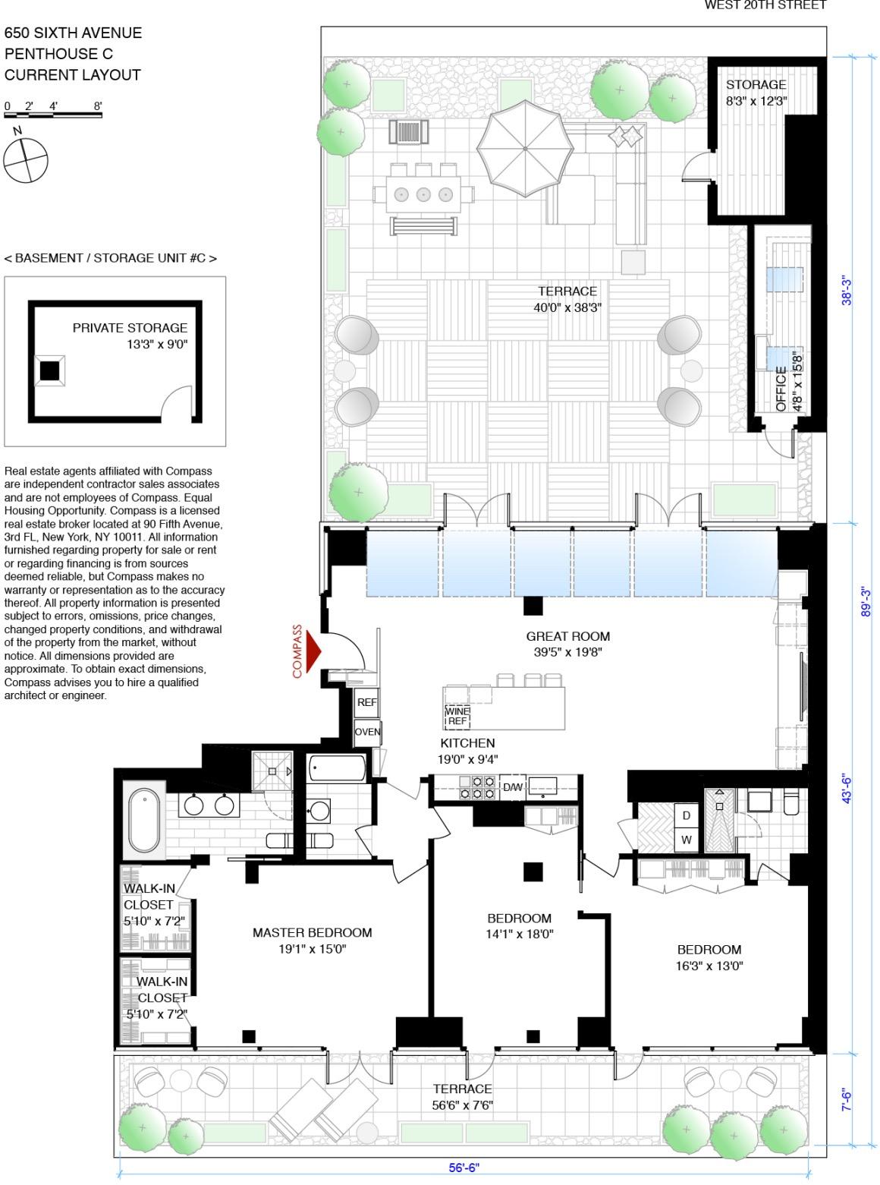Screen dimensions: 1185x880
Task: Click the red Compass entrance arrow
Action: [x=313, y=651]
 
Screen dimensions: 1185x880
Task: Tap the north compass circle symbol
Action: [x=25, y=161]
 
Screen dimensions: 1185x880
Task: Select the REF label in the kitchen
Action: [x=367, y=703]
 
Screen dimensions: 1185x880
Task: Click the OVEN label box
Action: [x=368, y=733]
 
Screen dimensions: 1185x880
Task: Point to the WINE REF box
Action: [x=457, y=716]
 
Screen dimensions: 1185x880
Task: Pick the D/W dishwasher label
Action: [x=514, y=787]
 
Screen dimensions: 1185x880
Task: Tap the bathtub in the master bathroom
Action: [x=144, y=821]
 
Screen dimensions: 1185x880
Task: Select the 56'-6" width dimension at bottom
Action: [x=464, y=1167]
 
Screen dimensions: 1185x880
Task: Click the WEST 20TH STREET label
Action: [x=765, y=6]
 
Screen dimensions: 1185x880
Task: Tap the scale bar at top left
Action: [x=53, y=115]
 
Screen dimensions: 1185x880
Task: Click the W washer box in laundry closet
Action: [x=686, y=840]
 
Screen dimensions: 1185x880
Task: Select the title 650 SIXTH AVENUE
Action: [x=73, y=33]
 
